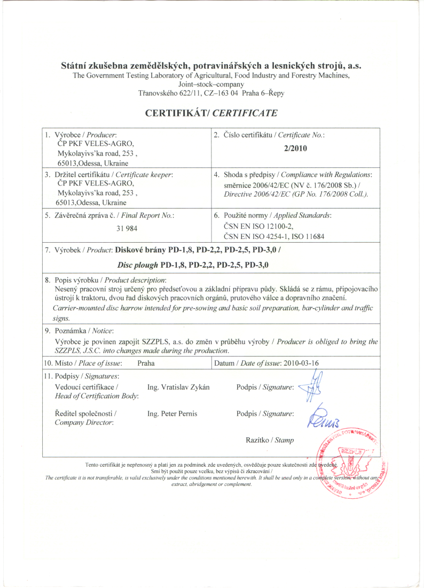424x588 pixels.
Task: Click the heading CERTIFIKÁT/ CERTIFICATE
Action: pyautogui.click(x=211, y=113)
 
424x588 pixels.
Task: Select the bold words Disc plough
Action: pyautogui.click(x=138, y=265)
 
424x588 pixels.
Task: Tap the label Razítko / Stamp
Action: pyautogui.click(x=269, y=440)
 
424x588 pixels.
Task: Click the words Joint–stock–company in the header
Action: pyautogui.click(x=211, y=84)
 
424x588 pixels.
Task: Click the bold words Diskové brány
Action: pyautogui.click(x=142, y=249)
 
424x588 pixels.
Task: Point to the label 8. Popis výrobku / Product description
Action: pyautogui.click(x=106, y=280)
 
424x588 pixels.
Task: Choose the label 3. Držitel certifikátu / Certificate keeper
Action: pyautogui.click(x=109, y=174)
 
